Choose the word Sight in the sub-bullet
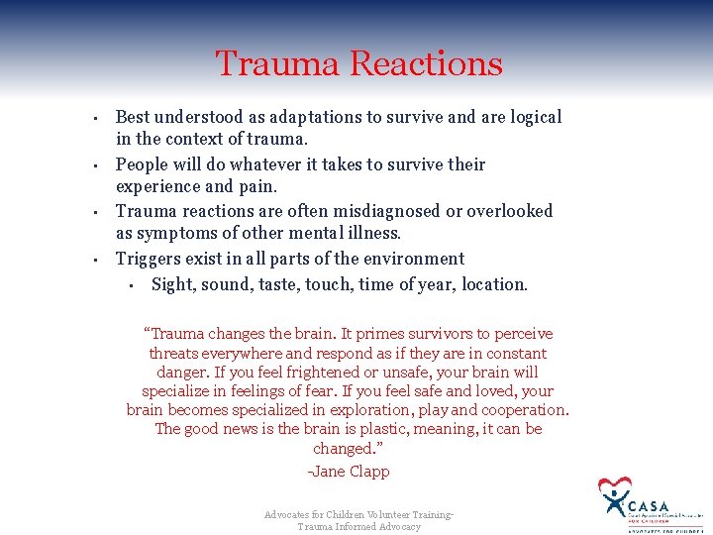point(173,284)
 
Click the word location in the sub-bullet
point(493,284)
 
